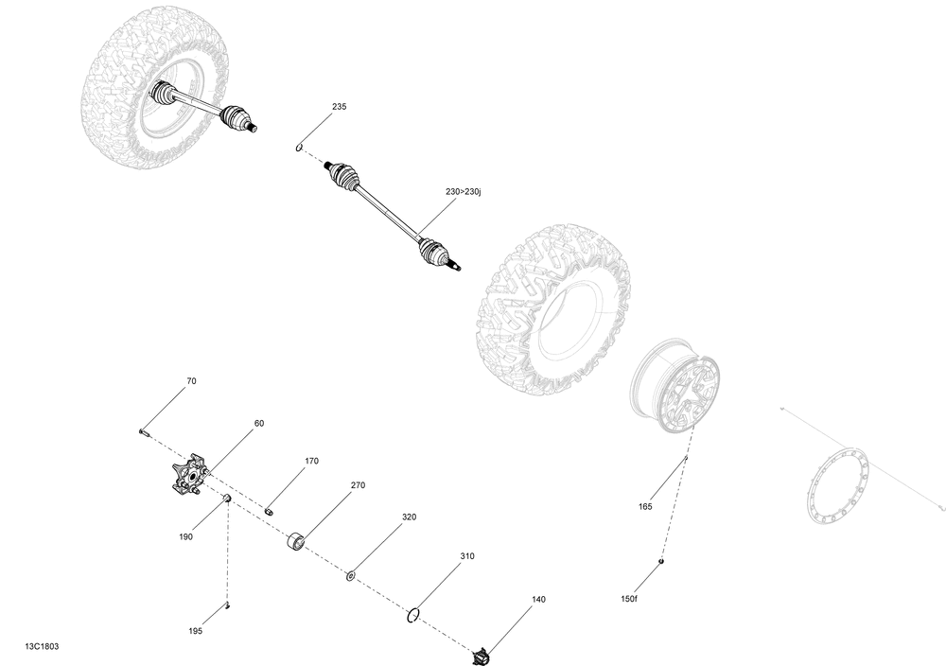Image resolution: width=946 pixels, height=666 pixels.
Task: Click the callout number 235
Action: tap(339, 107)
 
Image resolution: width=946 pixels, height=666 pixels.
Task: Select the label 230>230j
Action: tap(464, 192)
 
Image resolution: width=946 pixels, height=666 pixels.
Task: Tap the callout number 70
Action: tap(191, 381)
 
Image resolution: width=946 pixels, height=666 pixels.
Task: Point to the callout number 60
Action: tap(259, 424)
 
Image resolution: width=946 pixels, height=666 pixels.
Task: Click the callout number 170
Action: tap(311, 462)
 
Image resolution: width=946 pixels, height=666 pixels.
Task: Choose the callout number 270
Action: tap(358, 485)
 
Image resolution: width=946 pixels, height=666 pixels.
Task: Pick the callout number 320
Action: tap(409, 517)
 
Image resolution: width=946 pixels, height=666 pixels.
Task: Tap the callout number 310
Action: tap(467, 557)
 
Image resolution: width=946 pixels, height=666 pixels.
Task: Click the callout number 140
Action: tap(538, 600)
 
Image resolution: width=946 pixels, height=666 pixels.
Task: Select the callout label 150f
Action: tap(629, 599)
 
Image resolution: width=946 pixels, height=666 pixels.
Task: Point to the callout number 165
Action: tap(645, 507)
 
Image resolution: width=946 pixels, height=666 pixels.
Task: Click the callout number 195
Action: tap(195, 632)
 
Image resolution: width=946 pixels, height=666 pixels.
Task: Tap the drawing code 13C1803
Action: tap(43, 647)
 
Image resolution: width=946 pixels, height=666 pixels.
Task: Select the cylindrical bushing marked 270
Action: tap(295, 540)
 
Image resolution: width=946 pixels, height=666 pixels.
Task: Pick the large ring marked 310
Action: tap(413, 615)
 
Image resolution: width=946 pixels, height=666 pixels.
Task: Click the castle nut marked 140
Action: tap(481, 656)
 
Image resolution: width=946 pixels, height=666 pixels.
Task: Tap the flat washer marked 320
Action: tap(350, 576)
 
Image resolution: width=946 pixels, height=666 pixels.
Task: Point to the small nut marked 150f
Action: tap(662, 562)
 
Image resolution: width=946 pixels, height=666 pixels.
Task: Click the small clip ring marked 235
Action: tap(299, 147)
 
